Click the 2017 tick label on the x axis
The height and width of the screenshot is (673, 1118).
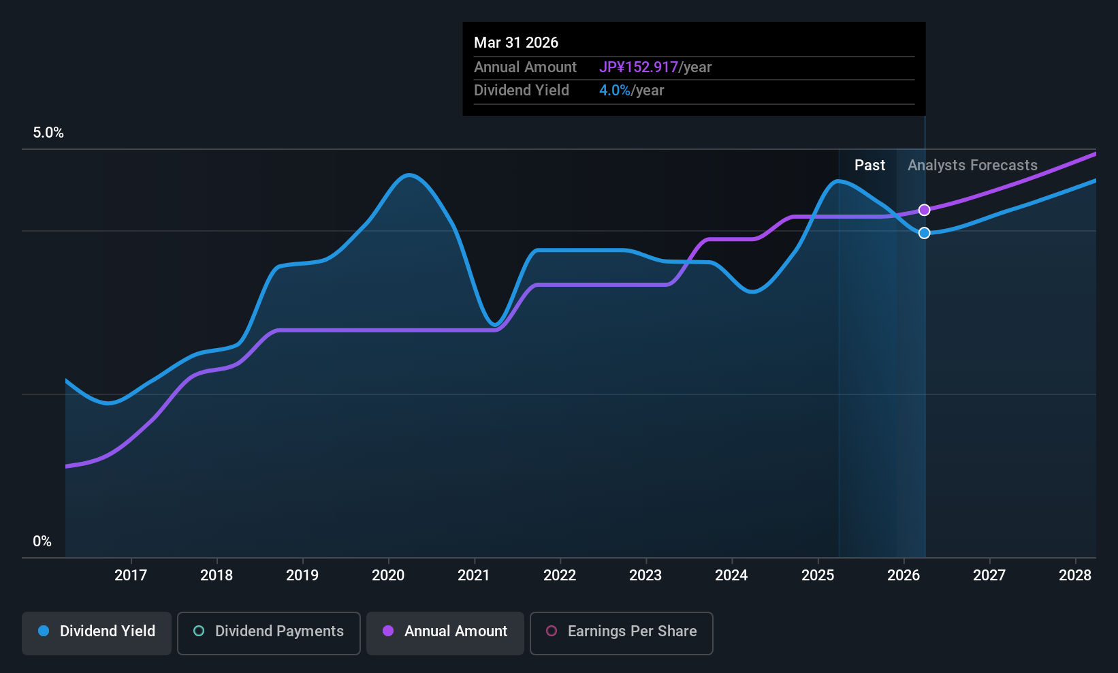coord(131,576)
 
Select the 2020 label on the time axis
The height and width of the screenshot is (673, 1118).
coord(388,576)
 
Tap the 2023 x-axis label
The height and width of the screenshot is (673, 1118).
coord(645,576)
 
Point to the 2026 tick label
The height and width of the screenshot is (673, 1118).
coord(904,576)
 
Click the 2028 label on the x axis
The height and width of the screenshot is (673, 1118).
coord(1075,576)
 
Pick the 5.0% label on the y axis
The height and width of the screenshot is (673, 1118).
coord(48,133)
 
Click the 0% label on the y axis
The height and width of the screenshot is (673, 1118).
coord(42,542)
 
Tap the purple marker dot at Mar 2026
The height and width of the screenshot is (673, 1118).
coord(924,210)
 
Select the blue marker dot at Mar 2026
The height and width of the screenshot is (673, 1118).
coord(924,233)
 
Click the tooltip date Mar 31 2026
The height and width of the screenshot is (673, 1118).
coord(516,43)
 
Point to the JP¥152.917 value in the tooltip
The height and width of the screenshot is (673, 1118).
coord(638,67)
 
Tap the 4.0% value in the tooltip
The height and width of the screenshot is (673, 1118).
coord(614,91)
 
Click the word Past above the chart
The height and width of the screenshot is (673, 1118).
coord(869,166)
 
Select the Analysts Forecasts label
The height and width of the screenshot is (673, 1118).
coord(972,166)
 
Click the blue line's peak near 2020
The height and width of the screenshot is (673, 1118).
coord(408,175)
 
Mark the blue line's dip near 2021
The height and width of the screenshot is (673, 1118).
coord(496,325)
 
